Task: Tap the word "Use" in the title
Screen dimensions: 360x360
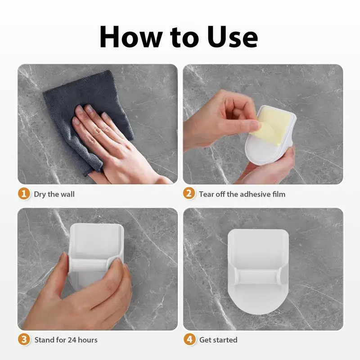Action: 232,37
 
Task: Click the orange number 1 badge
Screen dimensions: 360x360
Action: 24,194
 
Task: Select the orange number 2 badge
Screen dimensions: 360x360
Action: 189,193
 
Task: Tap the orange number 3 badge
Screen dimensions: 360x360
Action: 24,339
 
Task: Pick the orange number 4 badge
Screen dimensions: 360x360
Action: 189,339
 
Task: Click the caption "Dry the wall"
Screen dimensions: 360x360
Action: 54,194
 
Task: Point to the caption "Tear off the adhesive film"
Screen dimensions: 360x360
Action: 242,194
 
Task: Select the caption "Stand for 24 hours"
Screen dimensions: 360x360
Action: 66,340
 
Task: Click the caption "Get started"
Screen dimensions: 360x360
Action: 218,340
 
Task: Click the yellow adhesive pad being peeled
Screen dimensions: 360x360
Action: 271,125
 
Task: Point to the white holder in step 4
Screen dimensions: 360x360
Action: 258,272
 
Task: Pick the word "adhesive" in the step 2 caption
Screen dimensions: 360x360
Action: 249,194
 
